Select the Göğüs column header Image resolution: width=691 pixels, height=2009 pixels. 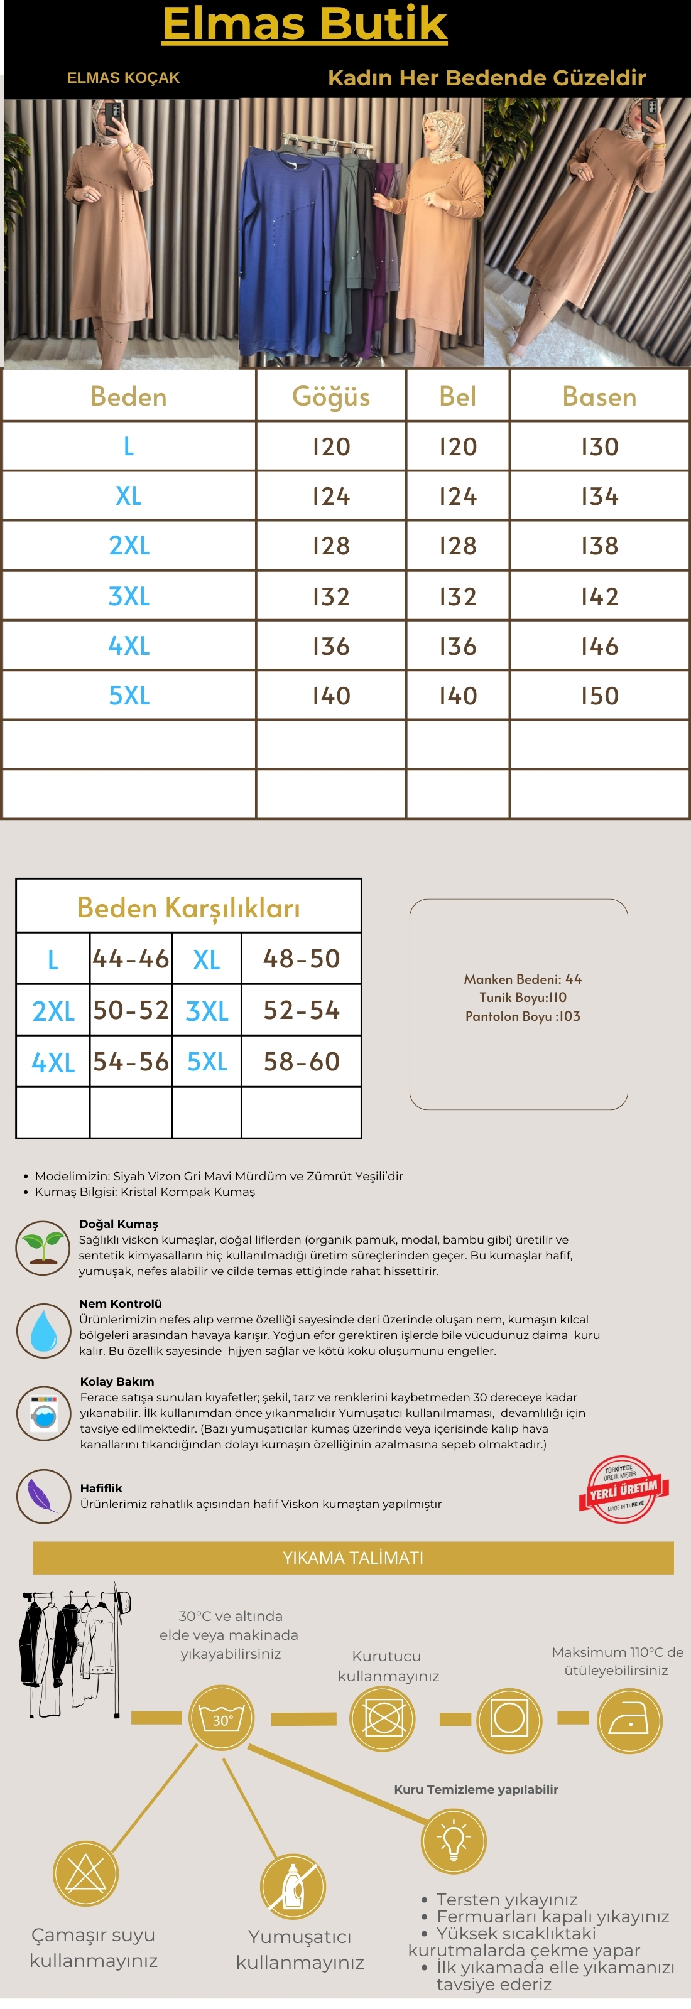tap(330, 396)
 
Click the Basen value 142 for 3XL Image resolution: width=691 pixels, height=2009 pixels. tap(599, 596)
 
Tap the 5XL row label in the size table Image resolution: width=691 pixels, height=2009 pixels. tap(129, 696)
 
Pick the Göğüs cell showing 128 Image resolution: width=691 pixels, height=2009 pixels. tap(330, 546)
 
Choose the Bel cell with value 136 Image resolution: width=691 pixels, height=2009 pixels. tap(457, 647)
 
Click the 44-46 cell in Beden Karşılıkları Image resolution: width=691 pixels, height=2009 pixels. tap(130, 959)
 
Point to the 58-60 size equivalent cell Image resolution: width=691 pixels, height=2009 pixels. tap(301, 1062)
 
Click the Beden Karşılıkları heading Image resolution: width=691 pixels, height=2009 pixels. tap(188, 908)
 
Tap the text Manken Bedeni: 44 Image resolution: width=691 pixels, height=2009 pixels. tap(523, 979)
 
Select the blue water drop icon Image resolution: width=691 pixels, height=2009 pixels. tap(43, 1330)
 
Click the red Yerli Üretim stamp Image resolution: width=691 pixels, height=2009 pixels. tap(623, 1490)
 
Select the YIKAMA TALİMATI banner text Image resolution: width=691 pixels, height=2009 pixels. tap(352, 1558)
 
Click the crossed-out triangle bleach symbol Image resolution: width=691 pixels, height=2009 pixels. tap(86, 1873)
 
